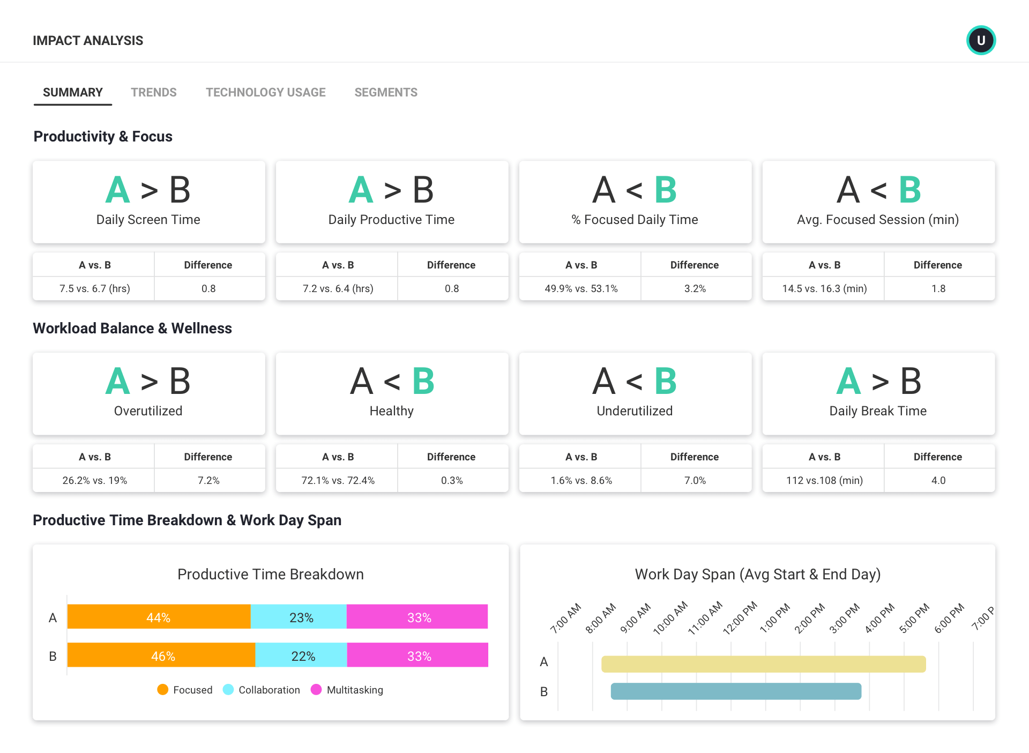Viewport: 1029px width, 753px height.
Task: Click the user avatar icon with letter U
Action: (981, 40)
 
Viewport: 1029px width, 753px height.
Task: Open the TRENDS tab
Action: (153, 92)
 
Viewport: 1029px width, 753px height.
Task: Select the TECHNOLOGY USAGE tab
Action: (265, 92)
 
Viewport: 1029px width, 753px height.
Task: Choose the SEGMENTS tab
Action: (385, 92)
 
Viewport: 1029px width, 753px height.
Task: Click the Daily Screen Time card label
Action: (148, 220)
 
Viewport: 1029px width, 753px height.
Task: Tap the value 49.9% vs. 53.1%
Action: (581, 288)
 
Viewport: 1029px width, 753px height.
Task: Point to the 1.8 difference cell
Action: (938, 288)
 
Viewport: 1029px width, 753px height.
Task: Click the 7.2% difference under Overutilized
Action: (208, 480)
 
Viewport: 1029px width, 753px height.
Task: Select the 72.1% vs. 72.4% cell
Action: (338, 480)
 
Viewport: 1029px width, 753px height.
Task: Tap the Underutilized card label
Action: (635, 411)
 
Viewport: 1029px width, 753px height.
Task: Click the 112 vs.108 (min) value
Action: (824, 480)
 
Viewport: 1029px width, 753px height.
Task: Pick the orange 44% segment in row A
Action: (159, 617)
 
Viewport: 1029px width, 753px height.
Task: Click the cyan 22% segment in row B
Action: (302, 655)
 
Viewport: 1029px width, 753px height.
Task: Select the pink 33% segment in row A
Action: (418, 617)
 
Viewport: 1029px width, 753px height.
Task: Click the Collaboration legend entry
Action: (269, 690)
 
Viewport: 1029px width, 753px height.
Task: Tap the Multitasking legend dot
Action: (316, 690)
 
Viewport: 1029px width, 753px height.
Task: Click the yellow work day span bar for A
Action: (763, 664)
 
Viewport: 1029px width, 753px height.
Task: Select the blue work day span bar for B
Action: (736, 691)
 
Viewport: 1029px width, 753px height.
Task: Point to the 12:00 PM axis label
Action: (740, 618)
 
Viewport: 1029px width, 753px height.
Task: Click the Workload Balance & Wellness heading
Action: (132, 329)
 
